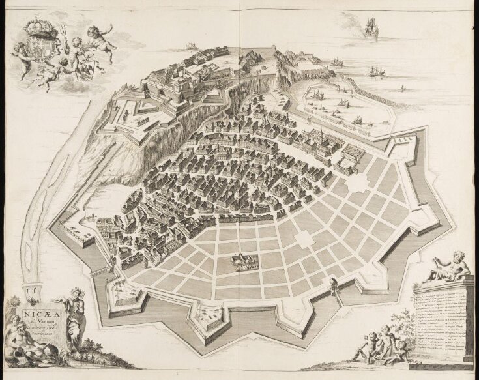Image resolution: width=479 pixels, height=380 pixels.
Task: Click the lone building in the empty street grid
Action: click(x=243, y=263)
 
